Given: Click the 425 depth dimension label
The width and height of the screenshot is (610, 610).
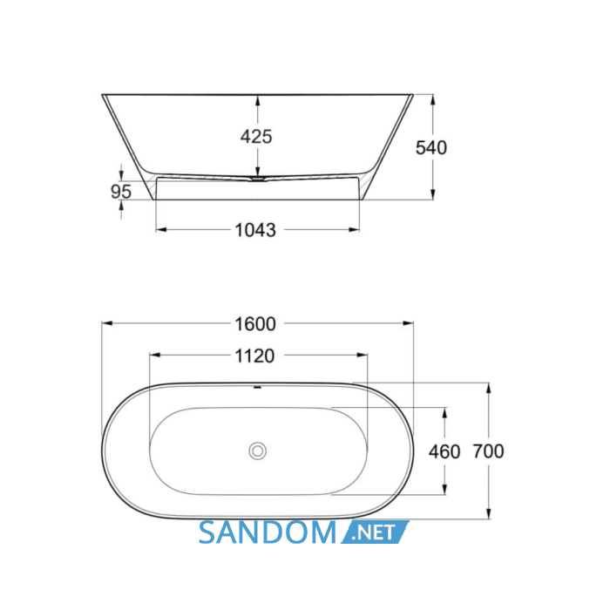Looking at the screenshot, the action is [x=256, y=137].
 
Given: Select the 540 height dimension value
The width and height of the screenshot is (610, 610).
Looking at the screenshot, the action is [x=431, y=148].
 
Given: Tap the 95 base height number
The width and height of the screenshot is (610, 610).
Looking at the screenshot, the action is [x=121, y=192].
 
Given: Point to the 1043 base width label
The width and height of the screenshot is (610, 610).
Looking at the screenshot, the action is [x=255, y=230].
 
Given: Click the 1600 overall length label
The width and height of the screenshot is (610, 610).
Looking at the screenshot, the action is [x=255, y=323].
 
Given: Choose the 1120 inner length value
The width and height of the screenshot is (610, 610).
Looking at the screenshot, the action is [x=254, y=356].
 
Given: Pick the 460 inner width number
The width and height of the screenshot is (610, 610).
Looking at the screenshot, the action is [x=444, y=451].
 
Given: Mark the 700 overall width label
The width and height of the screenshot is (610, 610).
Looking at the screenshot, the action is [x=488, y=451].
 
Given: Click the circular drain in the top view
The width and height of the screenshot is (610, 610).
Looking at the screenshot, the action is [x=258, y=451].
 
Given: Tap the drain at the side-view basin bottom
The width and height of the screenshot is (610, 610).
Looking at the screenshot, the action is [x=258, y=179].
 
